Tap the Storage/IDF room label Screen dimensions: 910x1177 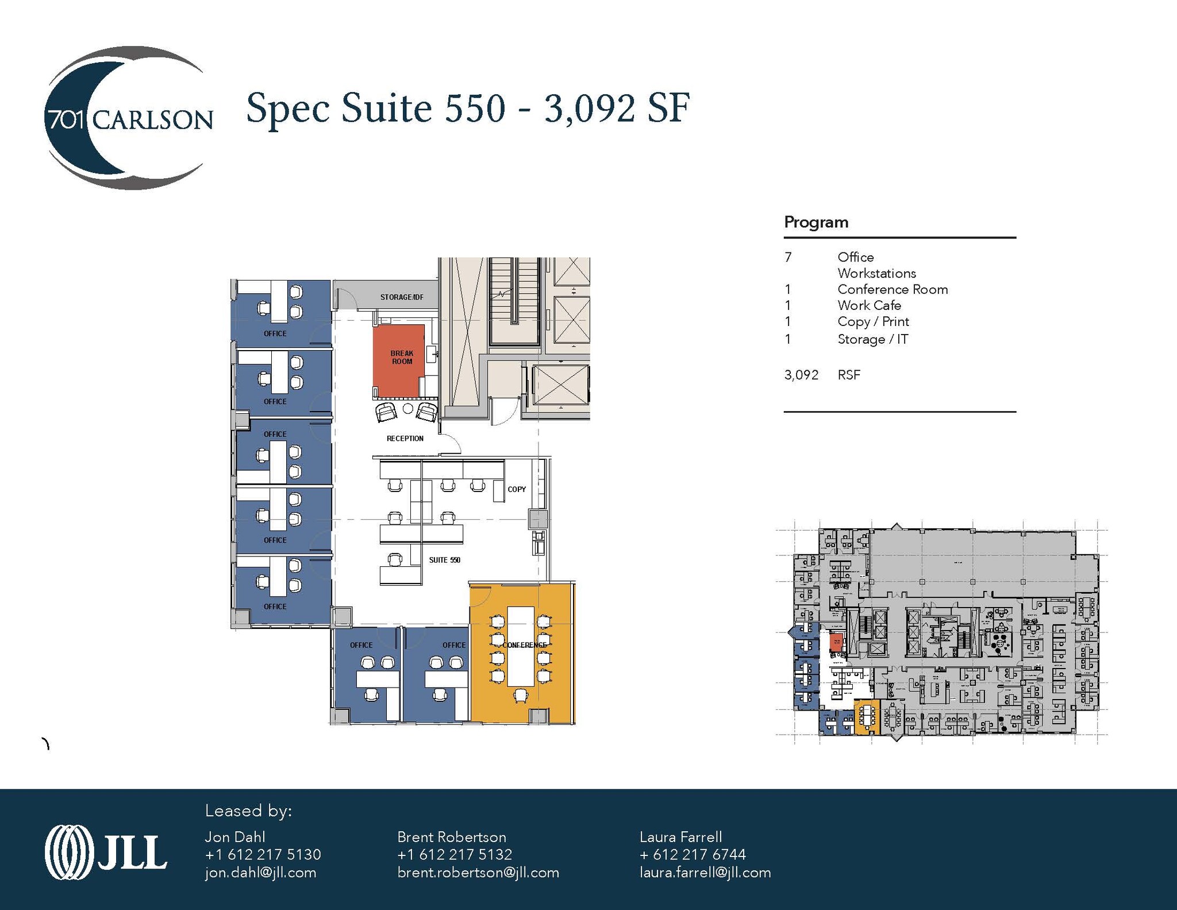pos(401,297)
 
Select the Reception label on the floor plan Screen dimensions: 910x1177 pos(405,439)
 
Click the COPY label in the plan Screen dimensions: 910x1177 pos(516,489)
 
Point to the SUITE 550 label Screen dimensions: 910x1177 pos(444,560)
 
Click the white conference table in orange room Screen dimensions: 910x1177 pos(520,646)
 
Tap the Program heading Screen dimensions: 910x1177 pos(816,222)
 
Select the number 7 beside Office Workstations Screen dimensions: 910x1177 pos(788,258)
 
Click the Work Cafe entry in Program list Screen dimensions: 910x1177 pos(868,306)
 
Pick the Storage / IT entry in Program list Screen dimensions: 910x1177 pos(872,339)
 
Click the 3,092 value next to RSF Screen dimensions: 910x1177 pos(801,375)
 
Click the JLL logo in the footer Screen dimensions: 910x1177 pos(106,852)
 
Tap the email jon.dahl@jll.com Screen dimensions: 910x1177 pos(260,873)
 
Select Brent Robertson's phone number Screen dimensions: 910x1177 pos(454,855)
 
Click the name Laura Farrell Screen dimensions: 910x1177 pos(680,837)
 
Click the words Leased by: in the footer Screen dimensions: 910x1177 pos(248,811)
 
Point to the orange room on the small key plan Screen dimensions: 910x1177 pos(867,717)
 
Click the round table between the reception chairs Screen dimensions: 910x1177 pos(407,409)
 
